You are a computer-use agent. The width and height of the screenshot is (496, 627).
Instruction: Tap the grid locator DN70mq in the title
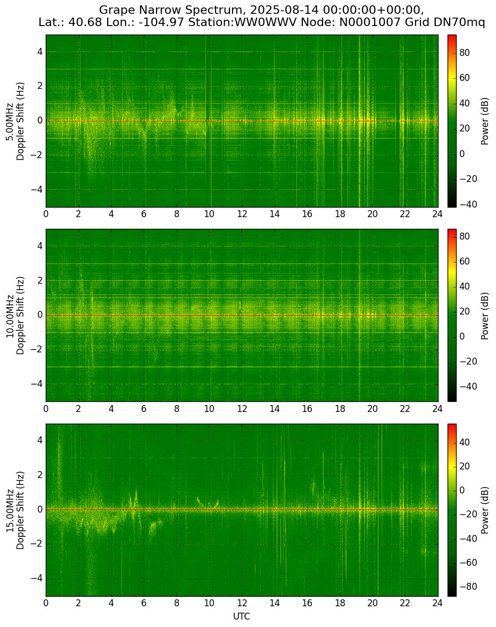(460, 22)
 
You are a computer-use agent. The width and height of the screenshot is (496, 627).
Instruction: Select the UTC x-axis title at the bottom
(242, 616)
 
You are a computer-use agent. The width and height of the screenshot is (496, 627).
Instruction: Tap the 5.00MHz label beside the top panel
(9, 121)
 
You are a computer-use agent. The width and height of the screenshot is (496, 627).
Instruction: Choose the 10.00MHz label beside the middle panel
(9, 316)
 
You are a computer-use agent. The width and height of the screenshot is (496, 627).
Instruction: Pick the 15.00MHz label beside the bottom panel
(9, 510)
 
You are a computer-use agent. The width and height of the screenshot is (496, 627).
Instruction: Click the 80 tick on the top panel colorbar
(465, 53)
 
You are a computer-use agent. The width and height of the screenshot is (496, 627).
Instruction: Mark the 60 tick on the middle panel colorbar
(465, 261)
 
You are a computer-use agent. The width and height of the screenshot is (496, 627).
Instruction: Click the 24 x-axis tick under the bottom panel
(437, 603)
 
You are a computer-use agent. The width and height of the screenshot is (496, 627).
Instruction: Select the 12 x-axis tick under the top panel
(242, 214)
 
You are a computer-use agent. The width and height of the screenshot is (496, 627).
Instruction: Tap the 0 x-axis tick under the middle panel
(46, 409)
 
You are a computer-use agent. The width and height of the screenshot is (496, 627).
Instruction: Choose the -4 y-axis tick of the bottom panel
(38, 579)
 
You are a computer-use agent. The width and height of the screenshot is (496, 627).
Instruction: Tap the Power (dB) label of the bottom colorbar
(485, 510)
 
